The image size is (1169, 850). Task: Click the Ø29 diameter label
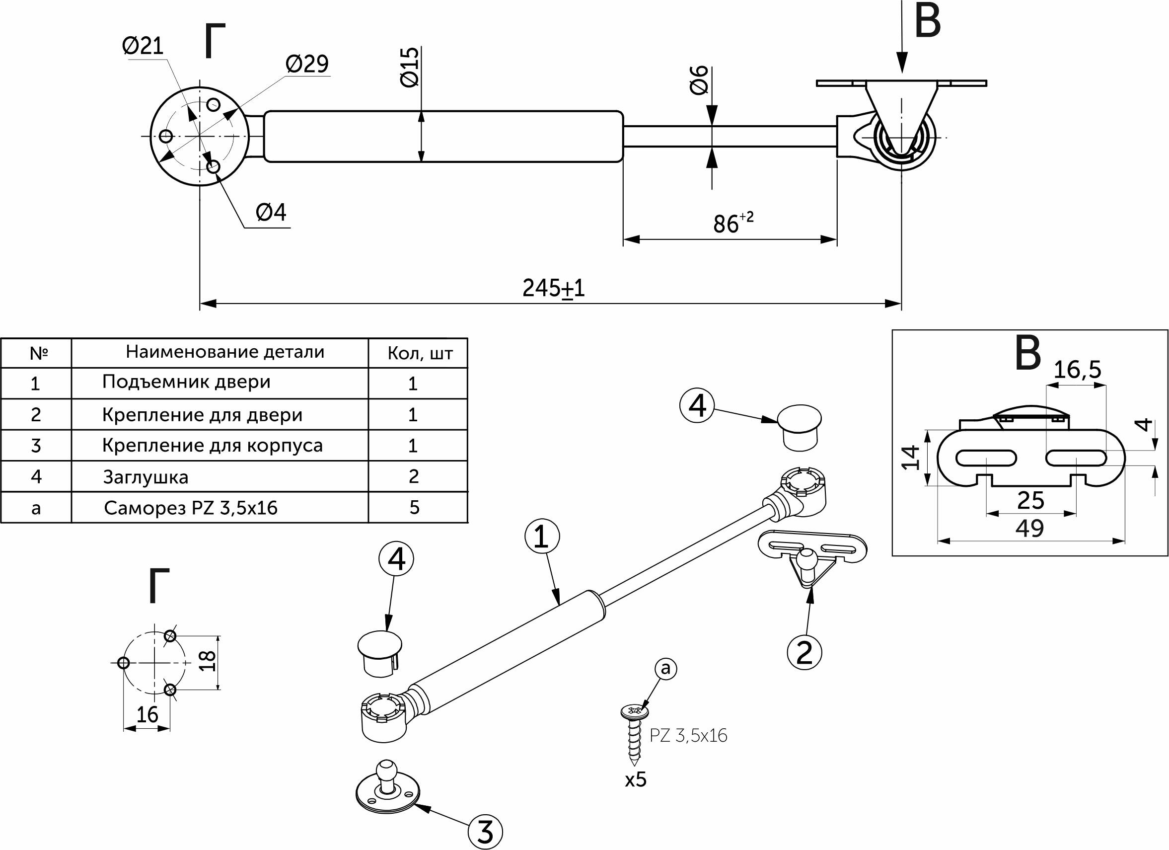coord(307,64)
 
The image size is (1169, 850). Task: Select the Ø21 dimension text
coord(143,46)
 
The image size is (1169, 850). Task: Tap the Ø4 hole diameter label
coord(271,213)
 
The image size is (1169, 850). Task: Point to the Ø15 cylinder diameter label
coord(410,67)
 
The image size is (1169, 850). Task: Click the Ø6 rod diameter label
coord(699,80)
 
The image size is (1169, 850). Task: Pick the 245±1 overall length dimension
coord(554,288)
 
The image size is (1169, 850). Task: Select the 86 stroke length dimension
coord(732,224)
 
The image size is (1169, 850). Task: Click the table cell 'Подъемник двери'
coord(186,382)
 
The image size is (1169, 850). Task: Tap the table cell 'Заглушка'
coord(146,477)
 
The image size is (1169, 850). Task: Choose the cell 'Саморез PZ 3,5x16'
coord(191,508)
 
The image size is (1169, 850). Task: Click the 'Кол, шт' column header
coord(420,354)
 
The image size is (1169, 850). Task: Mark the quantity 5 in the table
coord(414,508)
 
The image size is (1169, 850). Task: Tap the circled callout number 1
coord(542,537)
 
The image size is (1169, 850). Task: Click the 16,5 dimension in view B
coord(1077,370)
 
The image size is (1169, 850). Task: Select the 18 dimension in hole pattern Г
coord(207,661)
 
